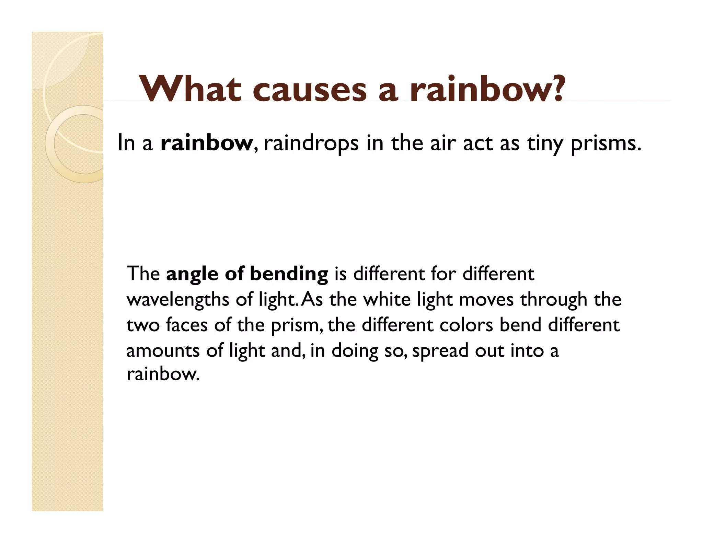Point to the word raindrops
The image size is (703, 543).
pos(311,143)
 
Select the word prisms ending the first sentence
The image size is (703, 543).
pos(606,143)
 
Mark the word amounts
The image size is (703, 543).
pos(163,351)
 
